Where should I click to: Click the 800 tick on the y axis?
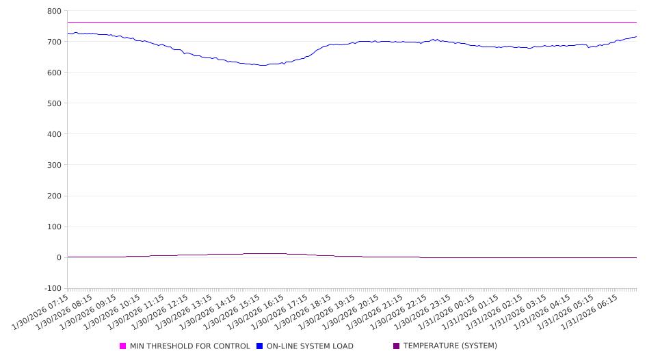point(53,12)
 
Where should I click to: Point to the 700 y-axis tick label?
point(53,42)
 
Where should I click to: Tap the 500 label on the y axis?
point(53,104)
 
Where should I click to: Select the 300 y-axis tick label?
point(53,166)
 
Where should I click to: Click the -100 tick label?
point(52,289)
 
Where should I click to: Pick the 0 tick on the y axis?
point(58,258)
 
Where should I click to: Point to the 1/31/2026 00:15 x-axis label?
point(451,313)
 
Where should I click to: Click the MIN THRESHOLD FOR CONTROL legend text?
point(189,346)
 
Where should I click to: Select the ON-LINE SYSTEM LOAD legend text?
point(310,346)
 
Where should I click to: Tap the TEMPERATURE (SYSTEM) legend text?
point(450,346)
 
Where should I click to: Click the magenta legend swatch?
point(123,346)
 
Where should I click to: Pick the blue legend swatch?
point(260,346)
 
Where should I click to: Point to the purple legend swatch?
point(397,346)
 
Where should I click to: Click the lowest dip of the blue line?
point(261,66)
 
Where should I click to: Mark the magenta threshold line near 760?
point(342,23)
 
